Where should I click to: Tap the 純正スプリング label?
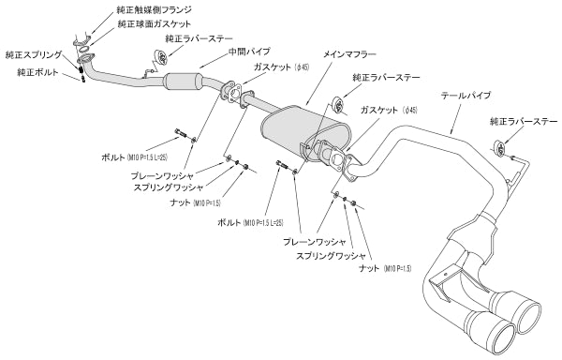point(33,56)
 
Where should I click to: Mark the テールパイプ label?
point(465,96)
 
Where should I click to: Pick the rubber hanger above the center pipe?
point(160,59)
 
